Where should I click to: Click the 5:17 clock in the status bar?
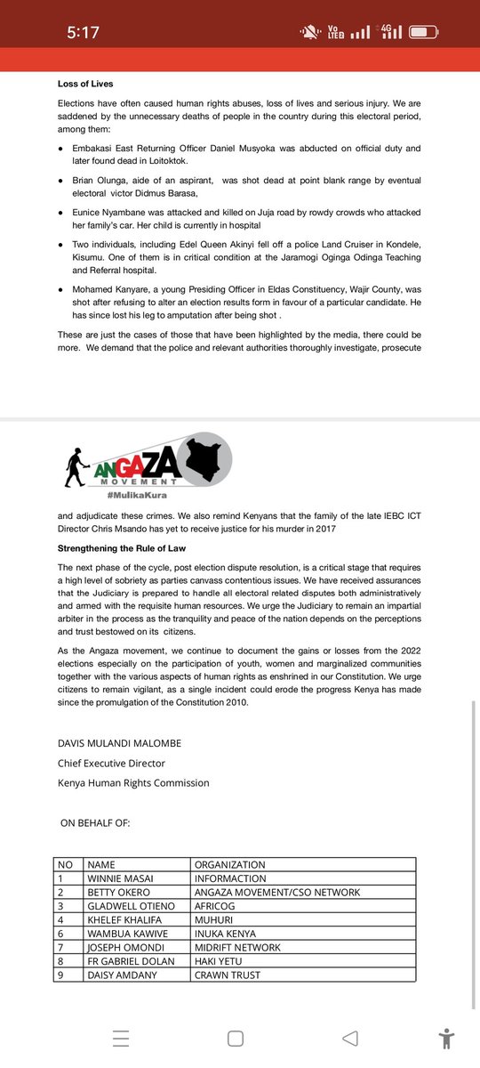[83, 33]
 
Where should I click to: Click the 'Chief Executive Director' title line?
[111, 764]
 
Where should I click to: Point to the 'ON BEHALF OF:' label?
[95, 822]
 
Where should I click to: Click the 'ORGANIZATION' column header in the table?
[229, 864]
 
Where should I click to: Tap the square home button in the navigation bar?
[236, 1039]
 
